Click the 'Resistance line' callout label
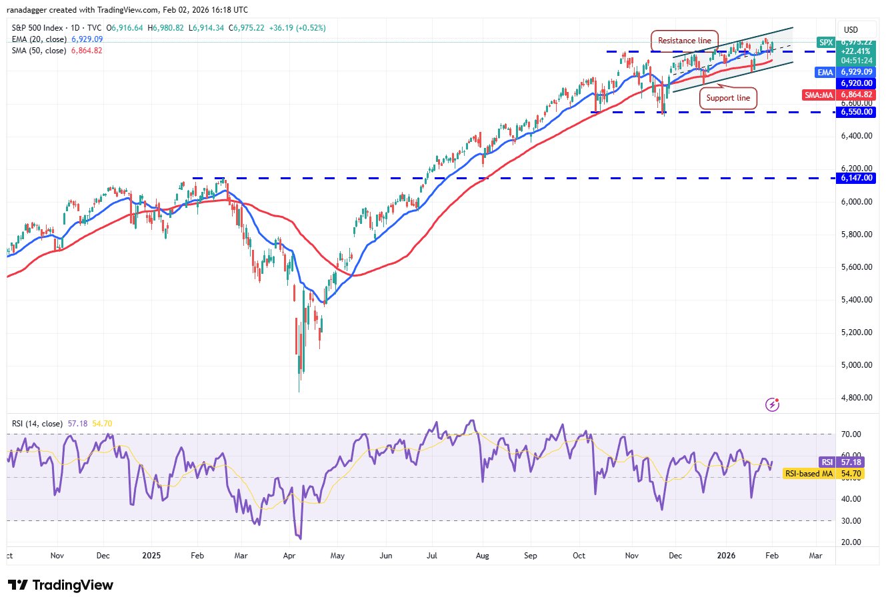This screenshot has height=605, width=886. (x=685, y=41)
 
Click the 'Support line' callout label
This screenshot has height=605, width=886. (x=728, y=98)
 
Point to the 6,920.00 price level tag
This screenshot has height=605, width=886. (x=857, y=83)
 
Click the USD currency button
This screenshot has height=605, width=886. (x=851, y=30)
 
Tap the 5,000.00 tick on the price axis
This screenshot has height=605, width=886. (x=857, y=365)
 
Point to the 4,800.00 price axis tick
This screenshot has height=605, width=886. (x=857, y=398)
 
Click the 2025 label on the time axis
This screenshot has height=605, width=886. (x=151, y=556)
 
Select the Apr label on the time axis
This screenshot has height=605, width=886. (x=289, y=556)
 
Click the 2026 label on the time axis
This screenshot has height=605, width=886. (x=726, y=556)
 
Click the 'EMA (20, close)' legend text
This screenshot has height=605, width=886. (x=39, y=39)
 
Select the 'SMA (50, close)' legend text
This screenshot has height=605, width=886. (x=39, y=51)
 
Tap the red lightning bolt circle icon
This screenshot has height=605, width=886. (x=773, y=404)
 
